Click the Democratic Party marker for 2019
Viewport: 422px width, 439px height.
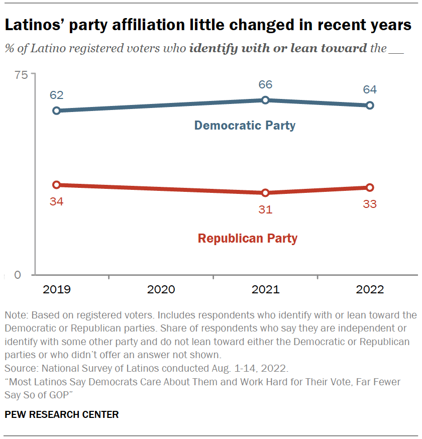pyautogui.click(x=57, y=111)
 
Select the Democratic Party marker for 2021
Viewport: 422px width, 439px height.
pyautogui.click(x=265, y=100)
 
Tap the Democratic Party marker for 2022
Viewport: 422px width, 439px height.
pyautogui.click(x=370, y=105)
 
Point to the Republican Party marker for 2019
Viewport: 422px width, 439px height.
pyautogui.click(x=57, y=185)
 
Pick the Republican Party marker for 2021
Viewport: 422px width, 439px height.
pyautogui.click(x=265, y=193)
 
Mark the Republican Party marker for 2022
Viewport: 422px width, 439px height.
pyautogui.click(x=370, y=187)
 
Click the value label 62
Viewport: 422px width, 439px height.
pyautogui.click(x=57, y=95)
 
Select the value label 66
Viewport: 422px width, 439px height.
pyautogui.click(x=265, y=84)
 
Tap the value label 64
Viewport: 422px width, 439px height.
pyautogui.click(x=370, y=90)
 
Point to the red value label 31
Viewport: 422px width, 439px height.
pyautogui.click(x=265, y=209)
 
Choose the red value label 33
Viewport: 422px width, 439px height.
pyautogui.click(x=370, y=204)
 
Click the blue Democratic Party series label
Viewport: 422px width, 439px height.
pyautogui.click(x=245, y=125)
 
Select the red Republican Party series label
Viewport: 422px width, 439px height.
pyautogui.click(x=248, y=238)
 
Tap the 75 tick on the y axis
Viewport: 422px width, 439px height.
pyautogui.click(x=21, y=75)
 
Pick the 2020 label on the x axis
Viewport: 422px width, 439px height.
pyautogui.click(x=161, y=290)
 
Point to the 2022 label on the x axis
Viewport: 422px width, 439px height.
pyautogui.click(x=370, y=290)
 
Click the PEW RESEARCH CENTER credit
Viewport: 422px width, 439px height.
pyautogui.click(x=62, y=414)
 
